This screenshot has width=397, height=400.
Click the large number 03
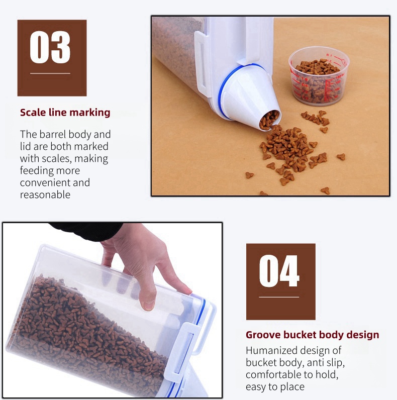50,47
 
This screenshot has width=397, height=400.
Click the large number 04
279,271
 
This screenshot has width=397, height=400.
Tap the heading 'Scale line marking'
65,113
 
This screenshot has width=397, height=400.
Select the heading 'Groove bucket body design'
312,335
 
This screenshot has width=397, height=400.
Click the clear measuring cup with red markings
319,76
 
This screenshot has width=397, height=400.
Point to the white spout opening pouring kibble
270,121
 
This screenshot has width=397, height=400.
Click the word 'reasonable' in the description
45,194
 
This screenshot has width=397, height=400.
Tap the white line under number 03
50,73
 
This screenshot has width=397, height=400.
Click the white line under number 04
279,297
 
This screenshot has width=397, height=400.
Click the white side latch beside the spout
202,64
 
